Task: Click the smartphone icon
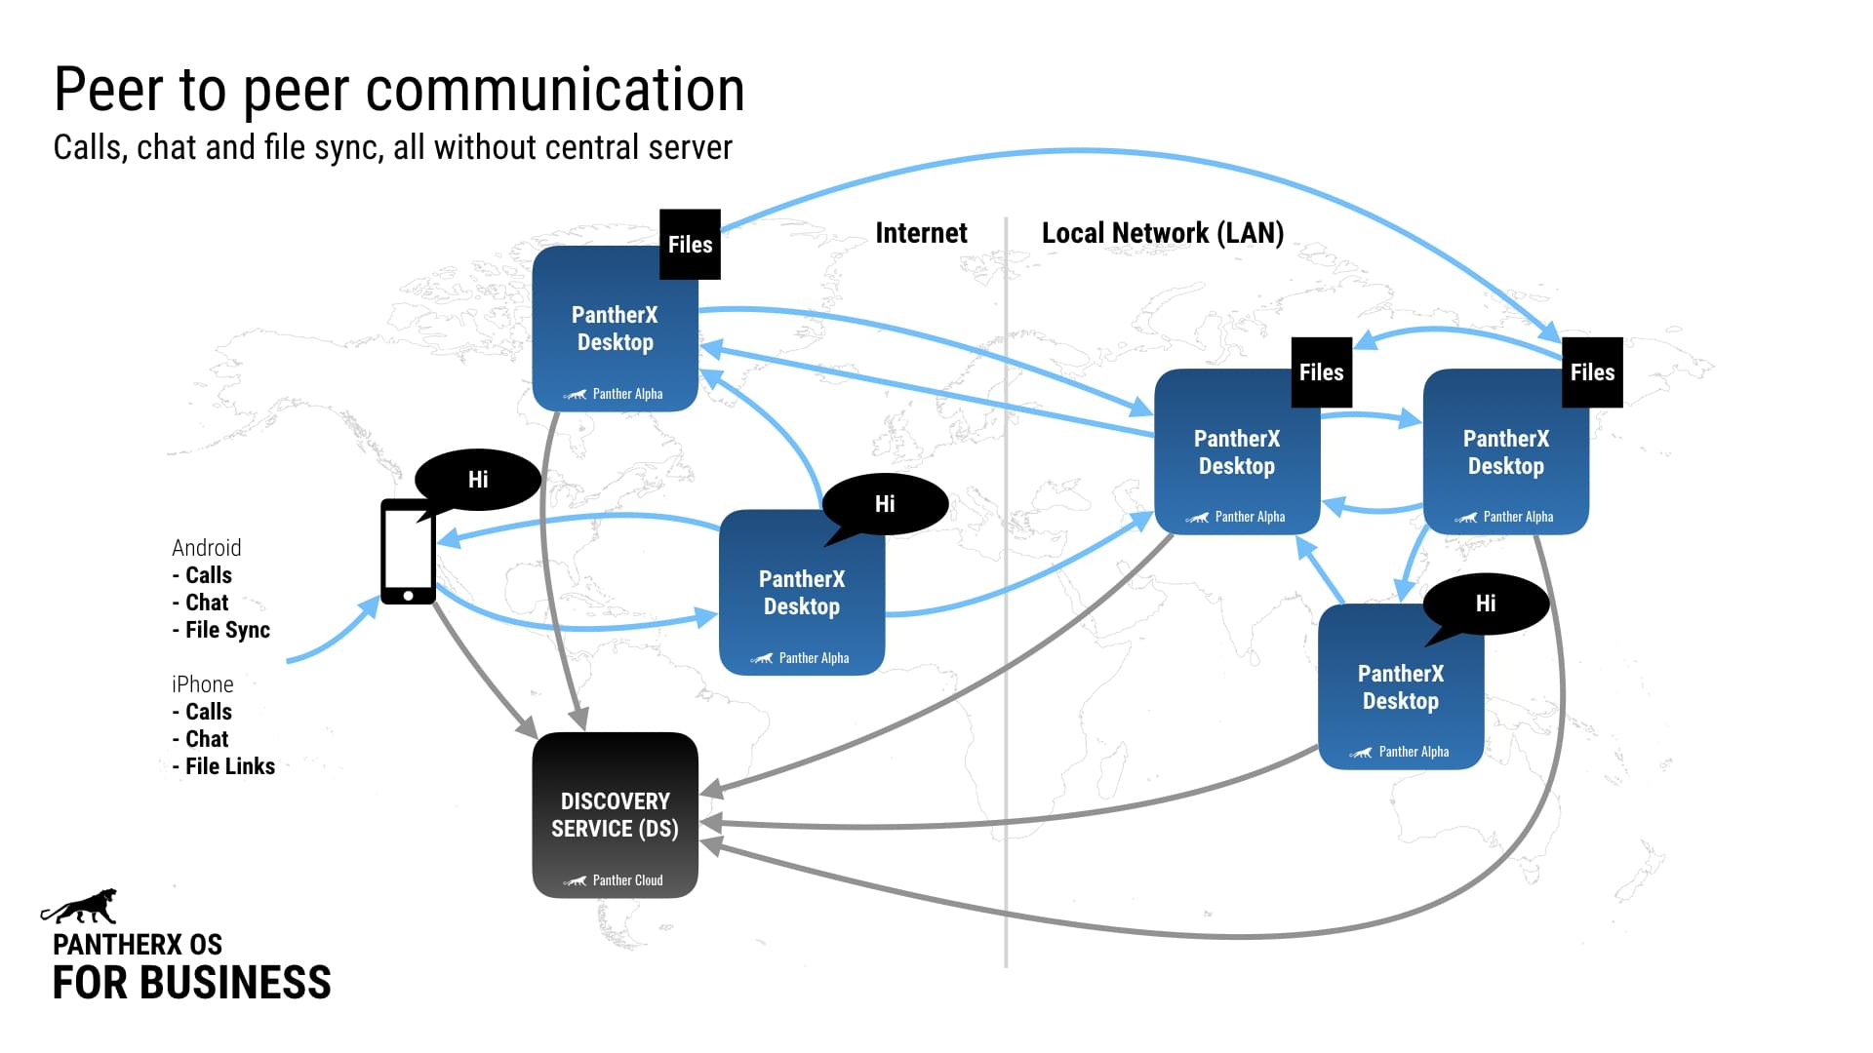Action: [x=408, y=552]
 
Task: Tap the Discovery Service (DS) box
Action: [x=615, y=815]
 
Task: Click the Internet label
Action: [x=921, y=233]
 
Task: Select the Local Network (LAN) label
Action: [x=1162, y=233]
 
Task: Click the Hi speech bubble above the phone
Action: [x=478, y=479]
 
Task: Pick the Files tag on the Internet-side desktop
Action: [x=690, y=245]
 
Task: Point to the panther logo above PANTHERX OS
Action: [x=80, y=906]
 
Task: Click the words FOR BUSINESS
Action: [x=191, y=983]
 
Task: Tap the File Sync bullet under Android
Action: [x=226, y=630]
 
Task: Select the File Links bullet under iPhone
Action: [x=229, y=766]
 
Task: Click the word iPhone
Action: [x=202, y=684]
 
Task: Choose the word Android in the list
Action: [x=206, y=548]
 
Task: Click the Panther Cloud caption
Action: [x=627, y=880]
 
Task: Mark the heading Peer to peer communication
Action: [x=399, y=90]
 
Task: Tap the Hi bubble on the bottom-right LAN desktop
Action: [x=1485, y=604]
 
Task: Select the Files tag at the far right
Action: [x=1592, y=372]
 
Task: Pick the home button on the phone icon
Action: [x=408, y=595]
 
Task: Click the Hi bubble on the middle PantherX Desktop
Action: [x=885, y=504]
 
